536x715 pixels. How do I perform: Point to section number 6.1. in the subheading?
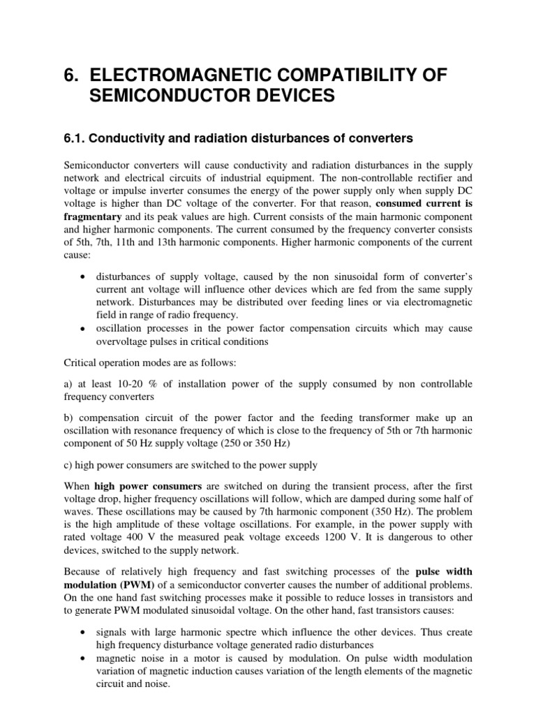tap(77, 139)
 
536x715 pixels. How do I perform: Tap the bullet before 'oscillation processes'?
tap(83, 330)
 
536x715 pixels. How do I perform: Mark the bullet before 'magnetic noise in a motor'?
tap(83, 658)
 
